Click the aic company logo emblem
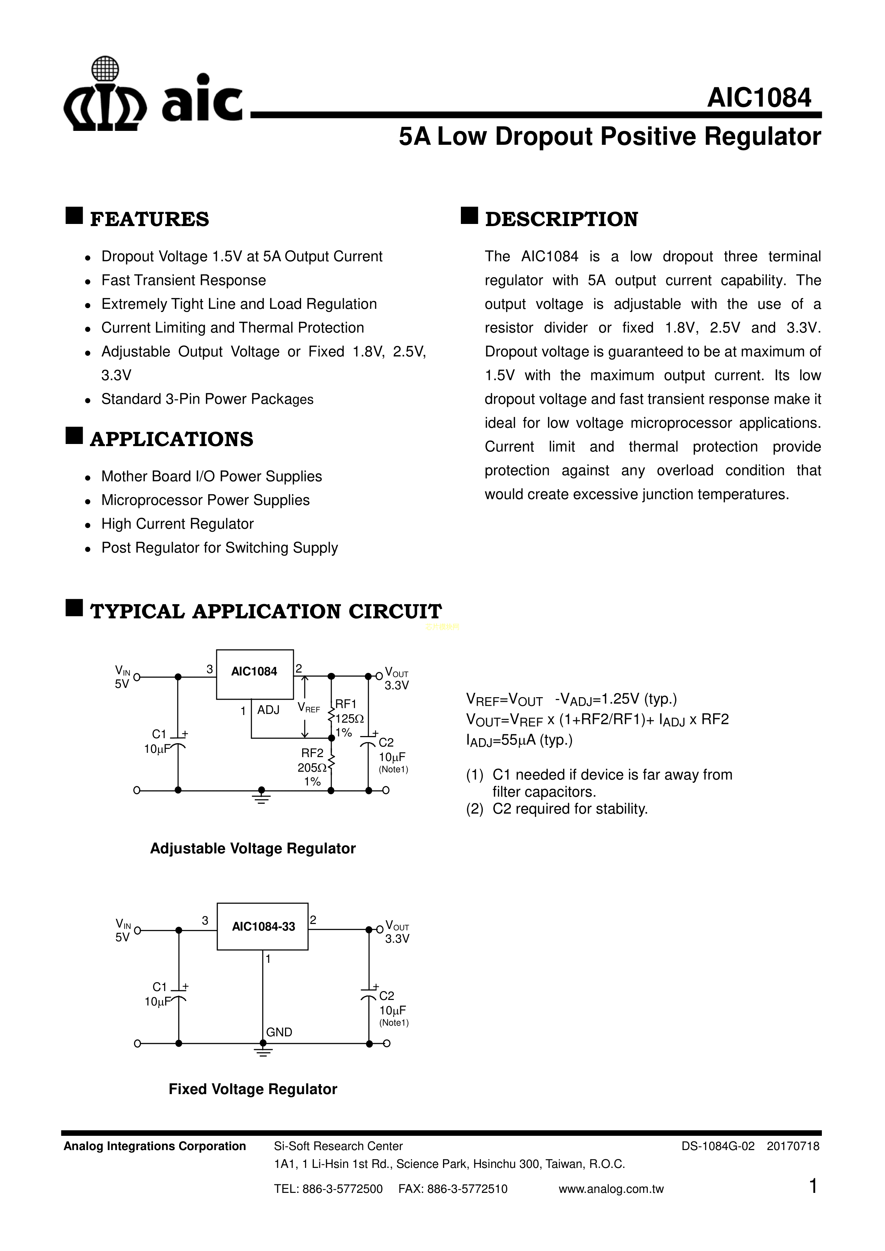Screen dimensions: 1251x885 click(105, 95)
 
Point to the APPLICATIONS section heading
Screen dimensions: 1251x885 click(171, 439)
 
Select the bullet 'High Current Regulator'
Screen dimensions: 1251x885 click(177, 524)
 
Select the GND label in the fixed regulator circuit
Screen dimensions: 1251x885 click(279, 1032)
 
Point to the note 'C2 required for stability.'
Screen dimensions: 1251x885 click(569, 809)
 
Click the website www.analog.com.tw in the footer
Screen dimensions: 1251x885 click(611, 1189)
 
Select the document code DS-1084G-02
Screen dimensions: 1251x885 click(718, 1147)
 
